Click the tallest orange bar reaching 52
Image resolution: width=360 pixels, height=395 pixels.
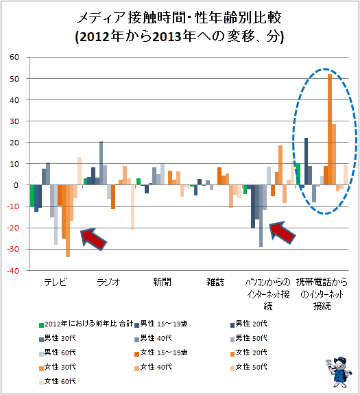[x=330, y=129]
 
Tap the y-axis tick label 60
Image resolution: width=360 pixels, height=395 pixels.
[x=14, y=57]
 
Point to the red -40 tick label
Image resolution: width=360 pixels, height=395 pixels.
[x=13, y=271]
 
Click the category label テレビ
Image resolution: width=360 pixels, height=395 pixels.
[x=56, y=282]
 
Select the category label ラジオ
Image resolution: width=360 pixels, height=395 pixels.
[x=109, y=282]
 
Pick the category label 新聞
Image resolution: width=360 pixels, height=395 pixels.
[x=163, y=282]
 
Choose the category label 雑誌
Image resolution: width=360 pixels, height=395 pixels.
[x=215, y=282]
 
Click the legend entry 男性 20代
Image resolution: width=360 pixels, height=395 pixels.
[x=249, y=324]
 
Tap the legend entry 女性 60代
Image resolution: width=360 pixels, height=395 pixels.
[x=58, y=381]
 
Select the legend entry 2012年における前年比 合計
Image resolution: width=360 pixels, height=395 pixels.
[x=86, y=324]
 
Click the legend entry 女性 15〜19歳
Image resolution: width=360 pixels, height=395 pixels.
[x=161, y=352]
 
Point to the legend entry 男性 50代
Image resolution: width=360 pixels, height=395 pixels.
[x=249, y=338]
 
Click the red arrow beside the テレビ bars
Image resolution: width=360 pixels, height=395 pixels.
[x=94, y=239]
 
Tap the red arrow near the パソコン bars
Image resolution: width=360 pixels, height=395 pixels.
[x=282, y=232]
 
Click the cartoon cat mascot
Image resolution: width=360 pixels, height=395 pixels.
[x=338, y=372]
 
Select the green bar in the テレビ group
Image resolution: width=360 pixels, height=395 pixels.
[x=32, y=195]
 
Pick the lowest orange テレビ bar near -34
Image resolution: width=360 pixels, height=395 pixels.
[x=68, y=221]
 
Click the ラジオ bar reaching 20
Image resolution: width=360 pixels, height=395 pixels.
[x=101, y=163]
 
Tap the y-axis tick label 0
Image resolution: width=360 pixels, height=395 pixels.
[x=16, y=185]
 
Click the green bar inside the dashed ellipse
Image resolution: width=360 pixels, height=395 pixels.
[x=298, y=174]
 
